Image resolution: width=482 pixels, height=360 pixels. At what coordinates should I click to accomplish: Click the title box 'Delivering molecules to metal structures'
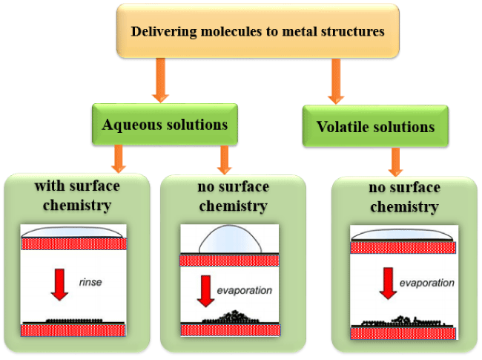click(x=258, y=30)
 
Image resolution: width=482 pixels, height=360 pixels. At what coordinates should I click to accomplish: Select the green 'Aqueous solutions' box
click(x=165, y=124)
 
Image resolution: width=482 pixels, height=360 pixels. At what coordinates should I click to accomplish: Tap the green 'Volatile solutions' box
click(x=375, y=126)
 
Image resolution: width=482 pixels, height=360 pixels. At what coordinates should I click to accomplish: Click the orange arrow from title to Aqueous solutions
click(x=160, y=80)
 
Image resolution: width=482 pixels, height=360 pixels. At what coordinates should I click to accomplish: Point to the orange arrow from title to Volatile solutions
click(x=336, y=81)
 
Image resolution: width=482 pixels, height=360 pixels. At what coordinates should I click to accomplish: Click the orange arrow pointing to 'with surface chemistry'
click(x=119, y=159)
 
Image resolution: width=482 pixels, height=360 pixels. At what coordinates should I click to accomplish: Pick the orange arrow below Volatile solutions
click(x=396, y=162)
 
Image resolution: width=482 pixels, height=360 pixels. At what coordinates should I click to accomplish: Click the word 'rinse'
click(x=90, y=282)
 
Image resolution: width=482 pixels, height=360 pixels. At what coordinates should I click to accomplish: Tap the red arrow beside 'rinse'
click(x=59, y=284)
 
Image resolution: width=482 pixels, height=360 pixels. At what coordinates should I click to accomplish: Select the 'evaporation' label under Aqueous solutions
click(x=245, y=290)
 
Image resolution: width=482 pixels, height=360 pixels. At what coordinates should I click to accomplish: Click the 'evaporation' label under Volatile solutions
click(x=426, y=283)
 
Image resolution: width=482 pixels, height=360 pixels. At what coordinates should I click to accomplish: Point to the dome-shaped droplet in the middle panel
click(x=231, y=240)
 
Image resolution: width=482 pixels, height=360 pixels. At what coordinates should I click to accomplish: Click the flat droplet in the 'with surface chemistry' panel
click(x=73, y=232)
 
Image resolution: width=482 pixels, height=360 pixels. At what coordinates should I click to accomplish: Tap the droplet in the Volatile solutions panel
click(x=402, y=235)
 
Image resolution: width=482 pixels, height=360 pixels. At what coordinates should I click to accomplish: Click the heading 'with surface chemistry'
click(x=77, y=195)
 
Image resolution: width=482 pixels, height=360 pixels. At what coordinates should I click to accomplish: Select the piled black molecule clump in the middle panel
click(x=231, y=317)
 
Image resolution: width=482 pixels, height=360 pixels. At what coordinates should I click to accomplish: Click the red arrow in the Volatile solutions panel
click(x=389, y=284)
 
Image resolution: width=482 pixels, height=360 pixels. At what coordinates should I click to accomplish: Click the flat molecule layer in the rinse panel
click(x=74, y=321)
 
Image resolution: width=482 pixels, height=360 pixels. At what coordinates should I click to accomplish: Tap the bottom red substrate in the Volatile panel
click(x=403, y=333)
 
